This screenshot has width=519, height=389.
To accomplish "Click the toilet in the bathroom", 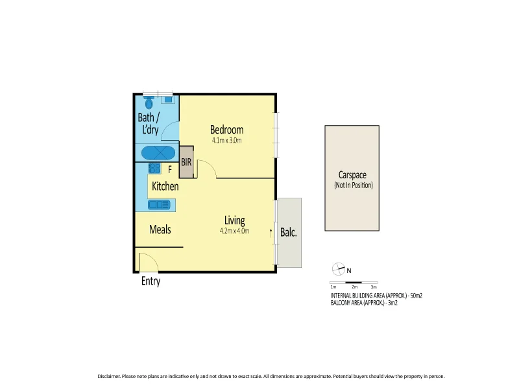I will [149, 102].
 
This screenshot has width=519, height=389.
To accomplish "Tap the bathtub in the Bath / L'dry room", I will [158, 154].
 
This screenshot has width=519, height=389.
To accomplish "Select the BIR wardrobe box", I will [187, 162].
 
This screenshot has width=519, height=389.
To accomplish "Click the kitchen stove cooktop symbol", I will [154, 169].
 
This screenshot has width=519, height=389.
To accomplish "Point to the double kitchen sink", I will [157, 205].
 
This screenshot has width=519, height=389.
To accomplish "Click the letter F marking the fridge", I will [170, 170].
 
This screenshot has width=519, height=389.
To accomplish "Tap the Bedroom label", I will [226, 130].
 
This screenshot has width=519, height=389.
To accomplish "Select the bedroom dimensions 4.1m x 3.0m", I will [226, 140].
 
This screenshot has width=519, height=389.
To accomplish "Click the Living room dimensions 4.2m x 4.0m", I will [234, 230].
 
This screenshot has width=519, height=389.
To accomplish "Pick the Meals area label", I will [160, 230].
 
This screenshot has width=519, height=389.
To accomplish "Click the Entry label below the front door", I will [151, 281].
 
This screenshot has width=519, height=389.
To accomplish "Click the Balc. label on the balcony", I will [288, 233].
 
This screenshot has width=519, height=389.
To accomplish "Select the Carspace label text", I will [353, 174].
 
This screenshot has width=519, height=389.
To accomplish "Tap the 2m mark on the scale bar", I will [354, 286].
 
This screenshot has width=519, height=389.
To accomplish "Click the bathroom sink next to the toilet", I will [168, 100].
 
